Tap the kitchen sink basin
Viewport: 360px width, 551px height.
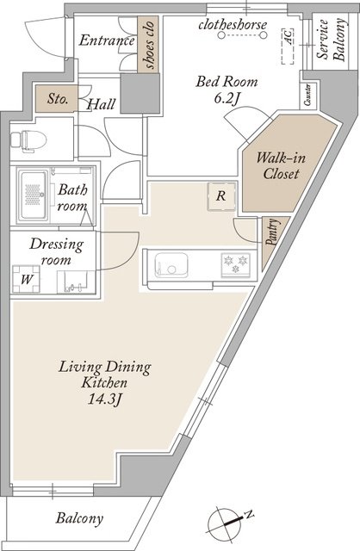pos(171,265)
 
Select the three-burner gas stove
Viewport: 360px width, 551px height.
pos(235,265)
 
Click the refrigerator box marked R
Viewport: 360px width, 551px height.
pos(221,196)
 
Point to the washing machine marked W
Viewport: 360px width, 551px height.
pos(27,279)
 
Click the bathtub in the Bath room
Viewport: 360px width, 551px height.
pos(34,195)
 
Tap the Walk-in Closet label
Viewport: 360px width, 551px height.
pos(281,166)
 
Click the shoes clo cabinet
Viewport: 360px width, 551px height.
pos(148,44)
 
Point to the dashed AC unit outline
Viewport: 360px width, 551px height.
pos(288,46)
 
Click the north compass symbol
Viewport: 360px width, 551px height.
pos(228,523)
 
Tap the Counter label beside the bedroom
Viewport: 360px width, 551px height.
pos(307,95)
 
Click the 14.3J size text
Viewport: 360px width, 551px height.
pos(105,399)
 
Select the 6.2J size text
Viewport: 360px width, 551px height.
pos(227,99)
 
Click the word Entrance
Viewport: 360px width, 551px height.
pos(107,40)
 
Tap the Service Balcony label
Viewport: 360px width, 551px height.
pos(331,40)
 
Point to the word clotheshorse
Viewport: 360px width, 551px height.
pos(233,25)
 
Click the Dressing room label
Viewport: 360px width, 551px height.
pos(56,251)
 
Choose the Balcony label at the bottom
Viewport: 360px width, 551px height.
pos(79,518)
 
